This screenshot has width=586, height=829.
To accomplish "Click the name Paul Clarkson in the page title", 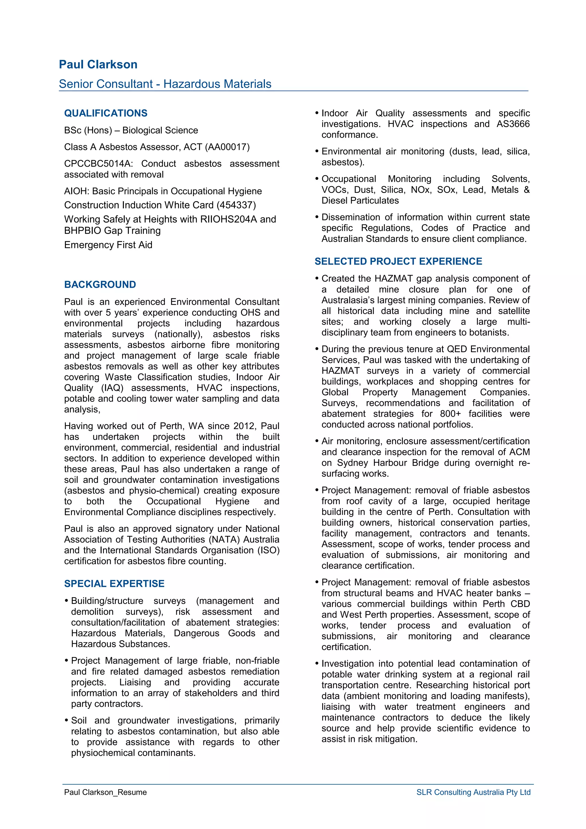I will click(x=98, y=65).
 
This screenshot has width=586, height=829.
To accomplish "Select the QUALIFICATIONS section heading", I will click(x=106, y=113).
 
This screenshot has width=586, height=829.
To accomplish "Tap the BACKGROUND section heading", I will click(x=100, y=285).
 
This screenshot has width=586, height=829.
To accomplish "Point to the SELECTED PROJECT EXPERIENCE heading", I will click(x=398, y=261).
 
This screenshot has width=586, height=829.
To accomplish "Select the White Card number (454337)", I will click(x=236, y=205).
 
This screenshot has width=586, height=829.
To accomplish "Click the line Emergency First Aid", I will click(x=108, y=245).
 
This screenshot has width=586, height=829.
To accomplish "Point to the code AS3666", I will click(x=513, y=124).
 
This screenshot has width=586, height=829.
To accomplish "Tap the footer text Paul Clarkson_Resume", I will click(x=105, y=792).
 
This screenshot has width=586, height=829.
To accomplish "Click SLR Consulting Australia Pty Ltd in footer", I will click(x=473, y=792).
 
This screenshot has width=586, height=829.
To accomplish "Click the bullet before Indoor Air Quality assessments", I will click(x=317, y=113).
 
